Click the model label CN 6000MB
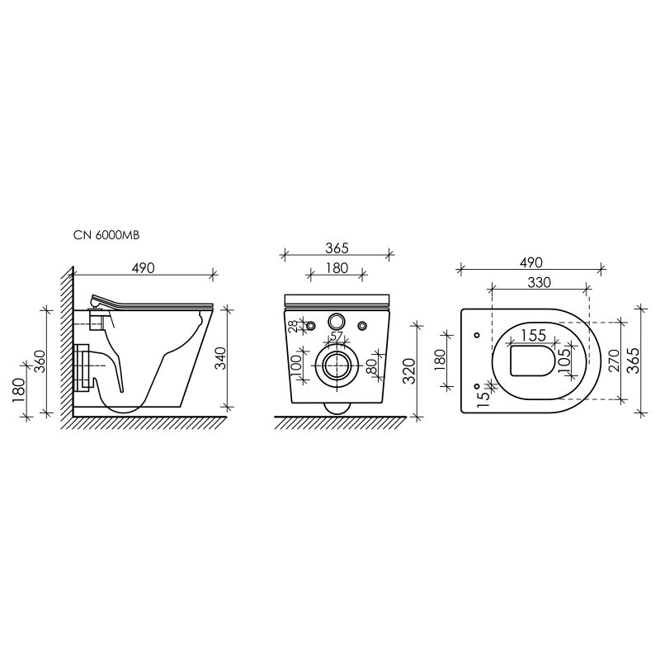click(x=106, y=236)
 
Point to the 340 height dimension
click(x=219, y=359)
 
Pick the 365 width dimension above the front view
click(x=337, y=247)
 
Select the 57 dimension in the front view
click(x=337, y=337)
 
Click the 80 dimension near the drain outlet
click(x=370, y=365)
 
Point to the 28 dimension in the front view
click(x=293, y=327)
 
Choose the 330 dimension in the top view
click(x=539, y=282)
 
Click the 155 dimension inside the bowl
click(x=535, y=336)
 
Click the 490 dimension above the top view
click(x=530, y=262)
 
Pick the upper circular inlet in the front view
click(x=337, y=322)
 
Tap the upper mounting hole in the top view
click(x=477, y=335)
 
